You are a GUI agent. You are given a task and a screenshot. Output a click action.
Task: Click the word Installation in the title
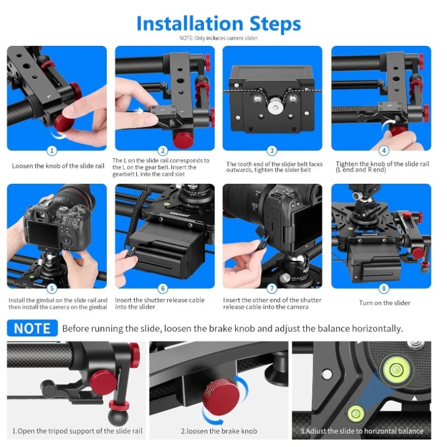pyautogui.click(x=189, y=23)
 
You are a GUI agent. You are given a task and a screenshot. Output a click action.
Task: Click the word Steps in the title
pyautogui.click(x=275, y=24)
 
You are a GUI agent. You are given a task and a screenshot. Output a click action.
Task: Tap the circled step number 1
pyautogui.click(x=51, y=150)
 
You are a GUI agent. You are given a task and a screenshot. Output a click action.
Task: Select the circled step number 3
pyautogui.click(x=272, y=150)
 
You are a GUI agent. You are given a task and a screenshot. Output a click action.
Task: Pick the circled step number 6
pyautogui.click(x=163, y=288)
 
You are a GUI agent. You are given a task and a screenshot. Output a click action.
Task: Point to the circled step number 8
pyautogui.click(x=384, y=288)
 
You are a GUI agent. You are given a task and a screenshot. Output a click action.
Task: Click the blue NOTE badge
pyautogui.click(x=32, y=328)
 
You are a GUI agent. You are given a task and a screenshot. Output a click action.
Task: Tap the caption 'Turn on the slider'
pyautogui.click(x=384, y=303)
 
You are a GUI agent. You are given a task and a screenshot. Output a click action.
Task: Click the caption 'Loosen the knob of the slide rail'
pyautogui.click(x=58, y=166)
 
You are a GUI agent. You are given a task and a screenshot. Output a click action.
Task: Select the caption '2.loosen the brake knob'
pyautogui.click(x=219, y=431)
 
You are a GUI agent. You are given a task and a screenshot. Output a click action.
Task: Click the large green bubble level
pyautogui.click(x=396, y=370)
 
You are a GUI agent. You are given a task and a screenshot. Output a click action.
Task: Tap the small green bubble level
pyautogui.click(x=355, y=413)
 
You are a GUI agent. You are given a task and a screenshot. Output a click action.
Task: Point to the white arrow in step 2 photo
pyautogui.click(x=139, y=111)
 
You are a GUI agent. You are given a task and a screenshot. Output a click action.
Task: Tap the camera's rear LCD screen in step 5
pyautogui.click(x=44, y=234)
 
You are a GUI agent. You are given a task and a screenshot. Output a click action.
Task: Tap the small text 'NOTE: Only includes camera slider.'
pyautogui.click(x=218, y=38)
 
